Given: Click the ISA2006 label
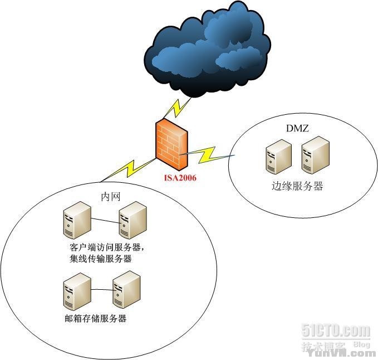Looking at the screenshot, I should [x=179, y=178].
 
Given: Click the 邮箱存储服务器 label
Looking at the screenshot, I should [x=95, y=318].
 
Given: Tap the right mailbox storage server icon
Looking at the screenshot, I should [x=126, y=289].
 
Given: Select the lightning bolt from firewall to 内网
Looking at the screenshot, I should [x=131, y=168].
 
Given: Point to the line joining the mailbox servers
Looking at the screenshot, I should [x=101, y=290].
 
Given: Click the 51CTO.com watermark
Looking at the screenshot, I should [x=336, y=330].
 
